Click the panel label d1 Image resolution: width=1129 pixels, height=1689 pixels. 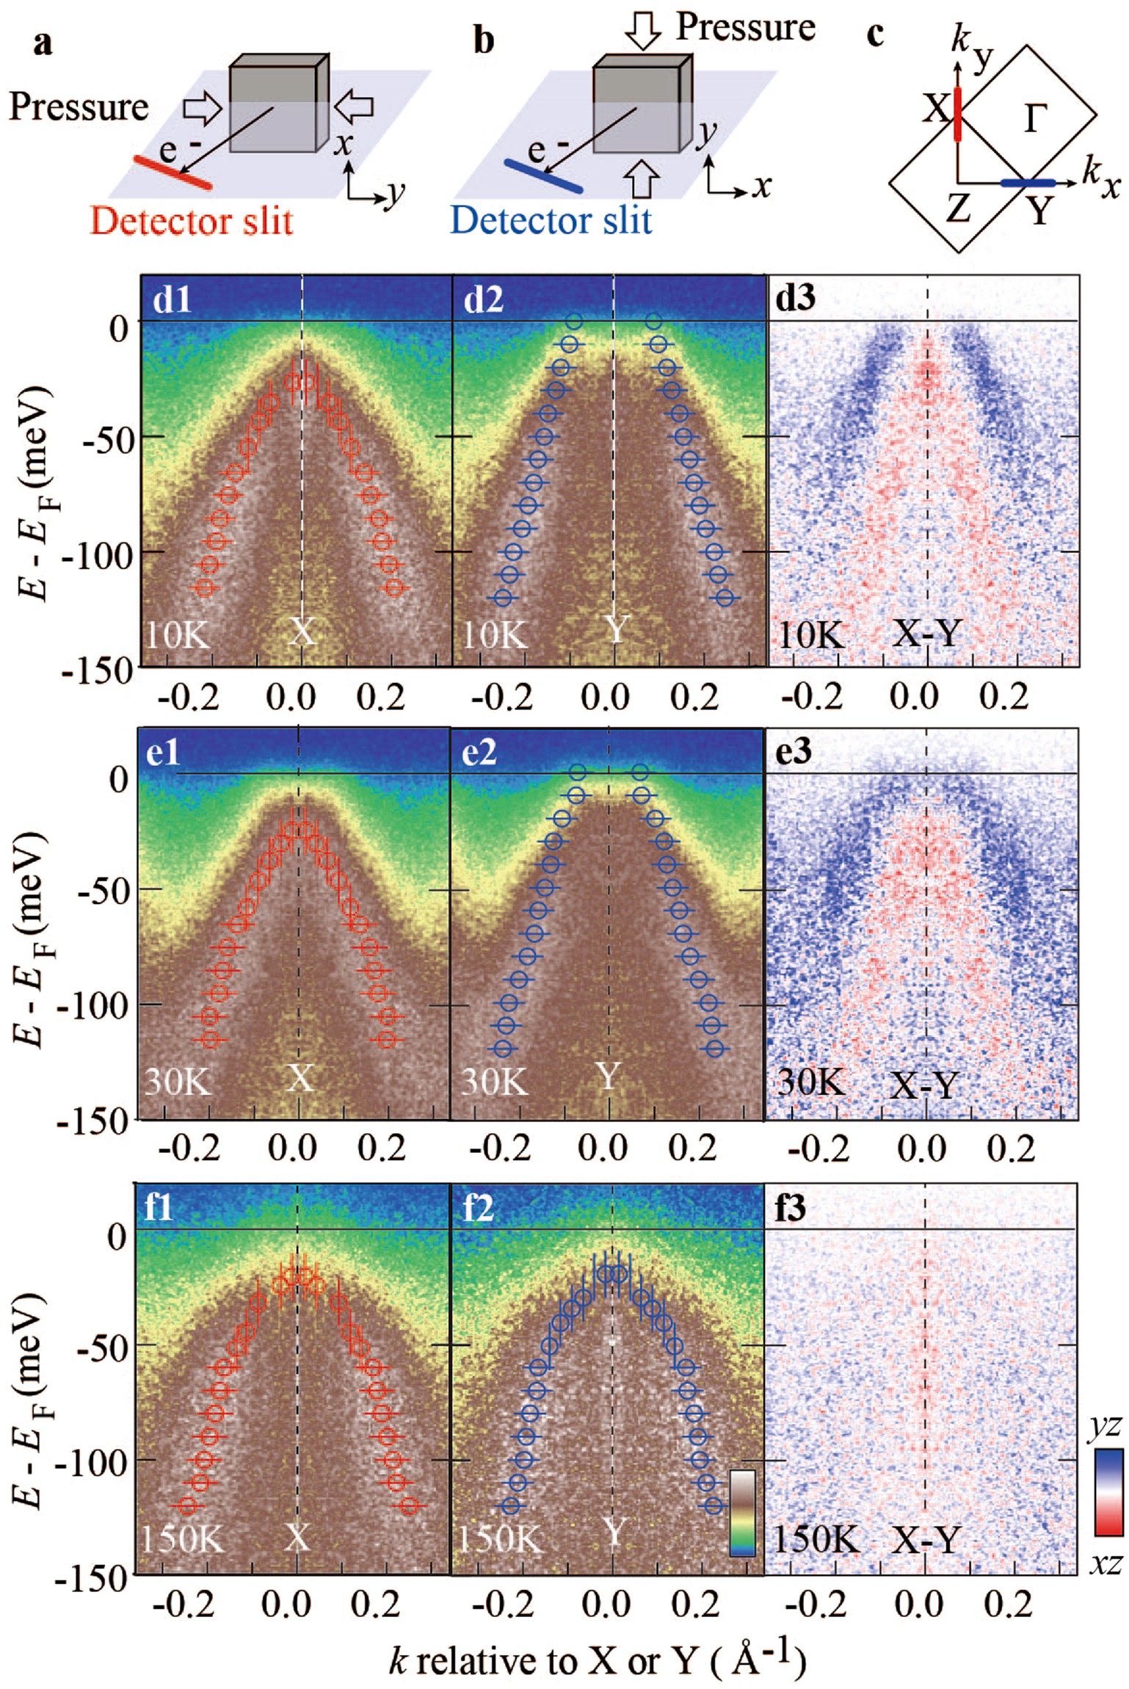pos(172,300)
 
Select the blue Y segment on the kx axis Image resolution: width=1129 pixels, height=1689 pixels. pos(1028,182)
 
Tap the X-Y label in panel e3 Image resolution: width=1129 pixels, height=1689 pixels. pos(924,1085)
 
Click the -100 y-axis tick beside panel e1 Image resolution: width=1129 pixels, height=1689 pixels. pos(95,1005)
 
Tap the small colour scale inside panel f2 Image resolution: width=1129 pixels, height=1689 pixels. pos(743,1513)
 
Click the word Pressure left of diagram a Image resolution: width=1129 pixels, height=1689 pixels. pos(79,107)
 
